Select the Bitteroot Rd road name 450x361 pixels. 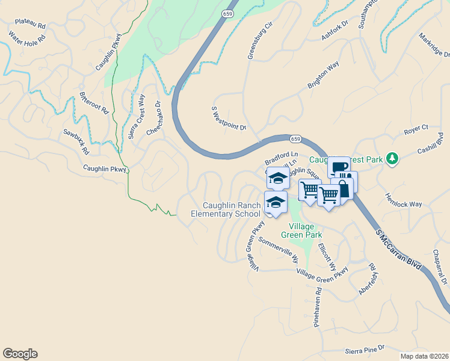click(93, 103)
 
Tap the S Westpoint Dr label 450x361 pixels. click(229, 119)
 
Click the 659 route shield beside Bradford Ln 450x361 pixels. click(295, 139)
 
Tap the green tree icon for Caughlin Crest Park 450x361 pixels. click(392, 158)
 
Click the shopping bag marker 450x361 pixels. click(342, 189)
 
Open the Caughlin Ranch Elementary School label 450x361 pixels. click(226, 209)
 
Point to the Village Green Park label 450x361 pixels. click(301, 230)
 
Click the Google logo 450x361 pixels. click(20, 354)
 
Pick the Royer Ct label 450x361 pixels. click(416, 128)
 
